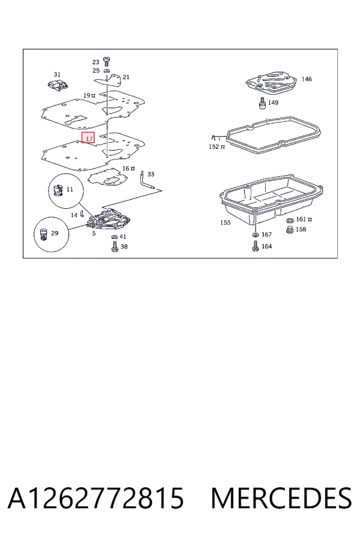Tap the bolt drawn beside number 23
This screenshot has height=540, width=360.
tap(106, 62)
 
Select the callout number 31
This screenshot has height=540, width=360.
tap(57, 74)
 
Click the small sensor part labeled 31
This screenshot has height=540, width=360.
tap(57, 85)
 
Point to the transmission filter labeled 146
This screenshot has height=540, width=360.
tap(271, 82)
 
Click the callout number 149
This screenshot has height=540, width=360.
tap(273, 102)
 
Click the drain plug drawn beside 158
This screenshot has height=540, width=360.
tap(290, 230)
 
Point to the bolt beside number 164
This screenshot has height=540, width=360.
tap(255, 246)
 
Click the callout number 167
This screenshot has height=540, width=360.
tap(266, 235)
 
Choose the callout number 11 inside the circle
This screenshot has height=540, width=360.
tap(70, 189)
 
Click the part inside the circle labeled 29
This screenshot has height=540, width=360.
tap(43, 235)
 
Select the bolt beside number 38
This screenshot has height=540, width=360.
tap(115, 247)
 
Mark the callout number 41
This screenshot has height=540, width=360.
tap(123, 236)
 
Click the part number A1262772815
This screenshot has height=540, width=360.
tap(96, 498)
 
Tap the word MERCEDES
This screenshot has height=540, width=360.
tap(281, 498)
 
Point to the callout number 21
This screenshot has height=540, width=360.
tap(126, 77)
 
